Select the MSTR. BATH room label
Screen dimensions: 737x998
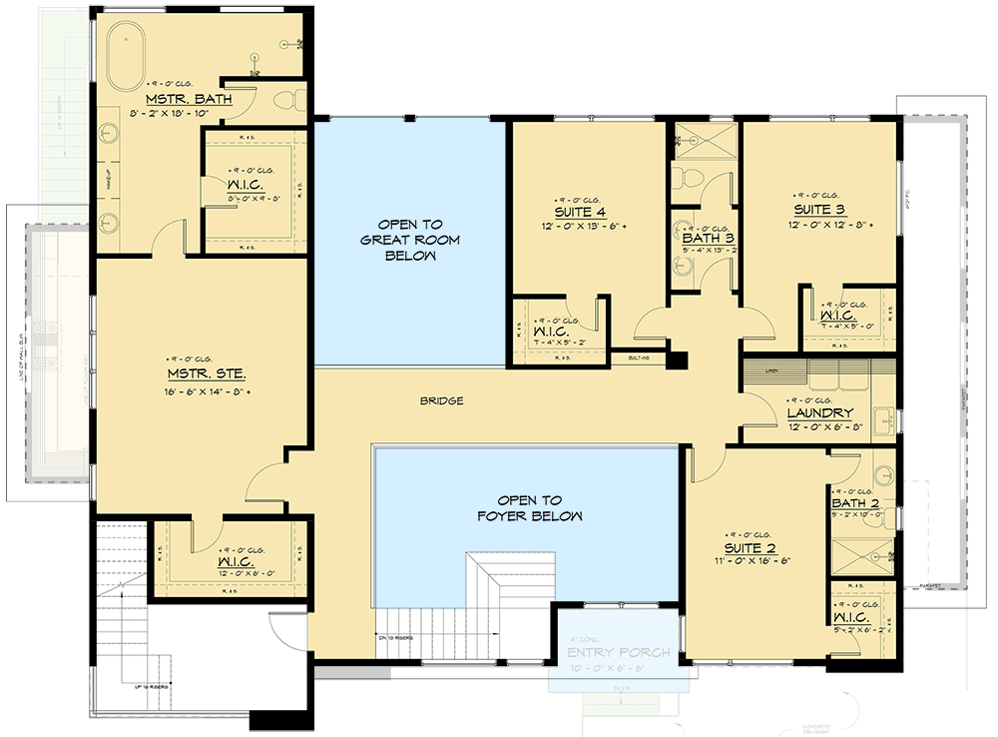click(190, 99)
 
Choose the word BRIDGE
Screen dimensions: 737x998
click(441, 400)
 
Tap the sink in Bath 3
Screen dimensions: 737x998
click(684, 266)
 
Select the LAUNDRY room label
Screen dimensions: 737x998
click(819, 412)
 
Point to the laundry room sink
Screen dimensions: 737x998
click(883, 423)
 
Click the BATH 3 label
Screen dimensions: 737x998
click(708, 239)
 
